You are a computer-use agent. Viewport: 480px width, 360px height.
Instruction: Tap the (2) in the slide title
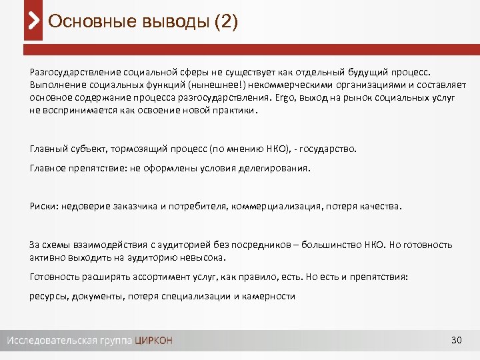[x=225, y=21]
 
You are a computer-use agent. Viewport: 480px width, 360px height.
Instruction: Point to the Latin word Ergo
[x=284, y=97]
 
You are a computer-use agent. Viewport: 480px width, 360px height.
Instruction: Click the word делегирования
[x=275, y=169]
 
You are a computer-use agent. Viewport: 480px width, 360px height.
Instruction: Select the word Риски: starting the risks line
[x=44, y=206]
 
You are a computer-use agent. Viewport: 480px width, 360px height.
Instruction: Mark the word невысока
[x=205, y=257]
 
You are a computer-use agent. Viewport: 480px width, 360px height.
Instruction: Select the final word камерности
[x=269, y=296]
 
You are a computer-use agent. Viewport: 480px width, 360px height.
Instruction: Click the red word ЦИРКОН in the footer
[x=153, y=341]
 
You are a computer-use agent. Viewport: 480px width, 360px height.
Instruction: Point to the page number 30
[x=457, y=341]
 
